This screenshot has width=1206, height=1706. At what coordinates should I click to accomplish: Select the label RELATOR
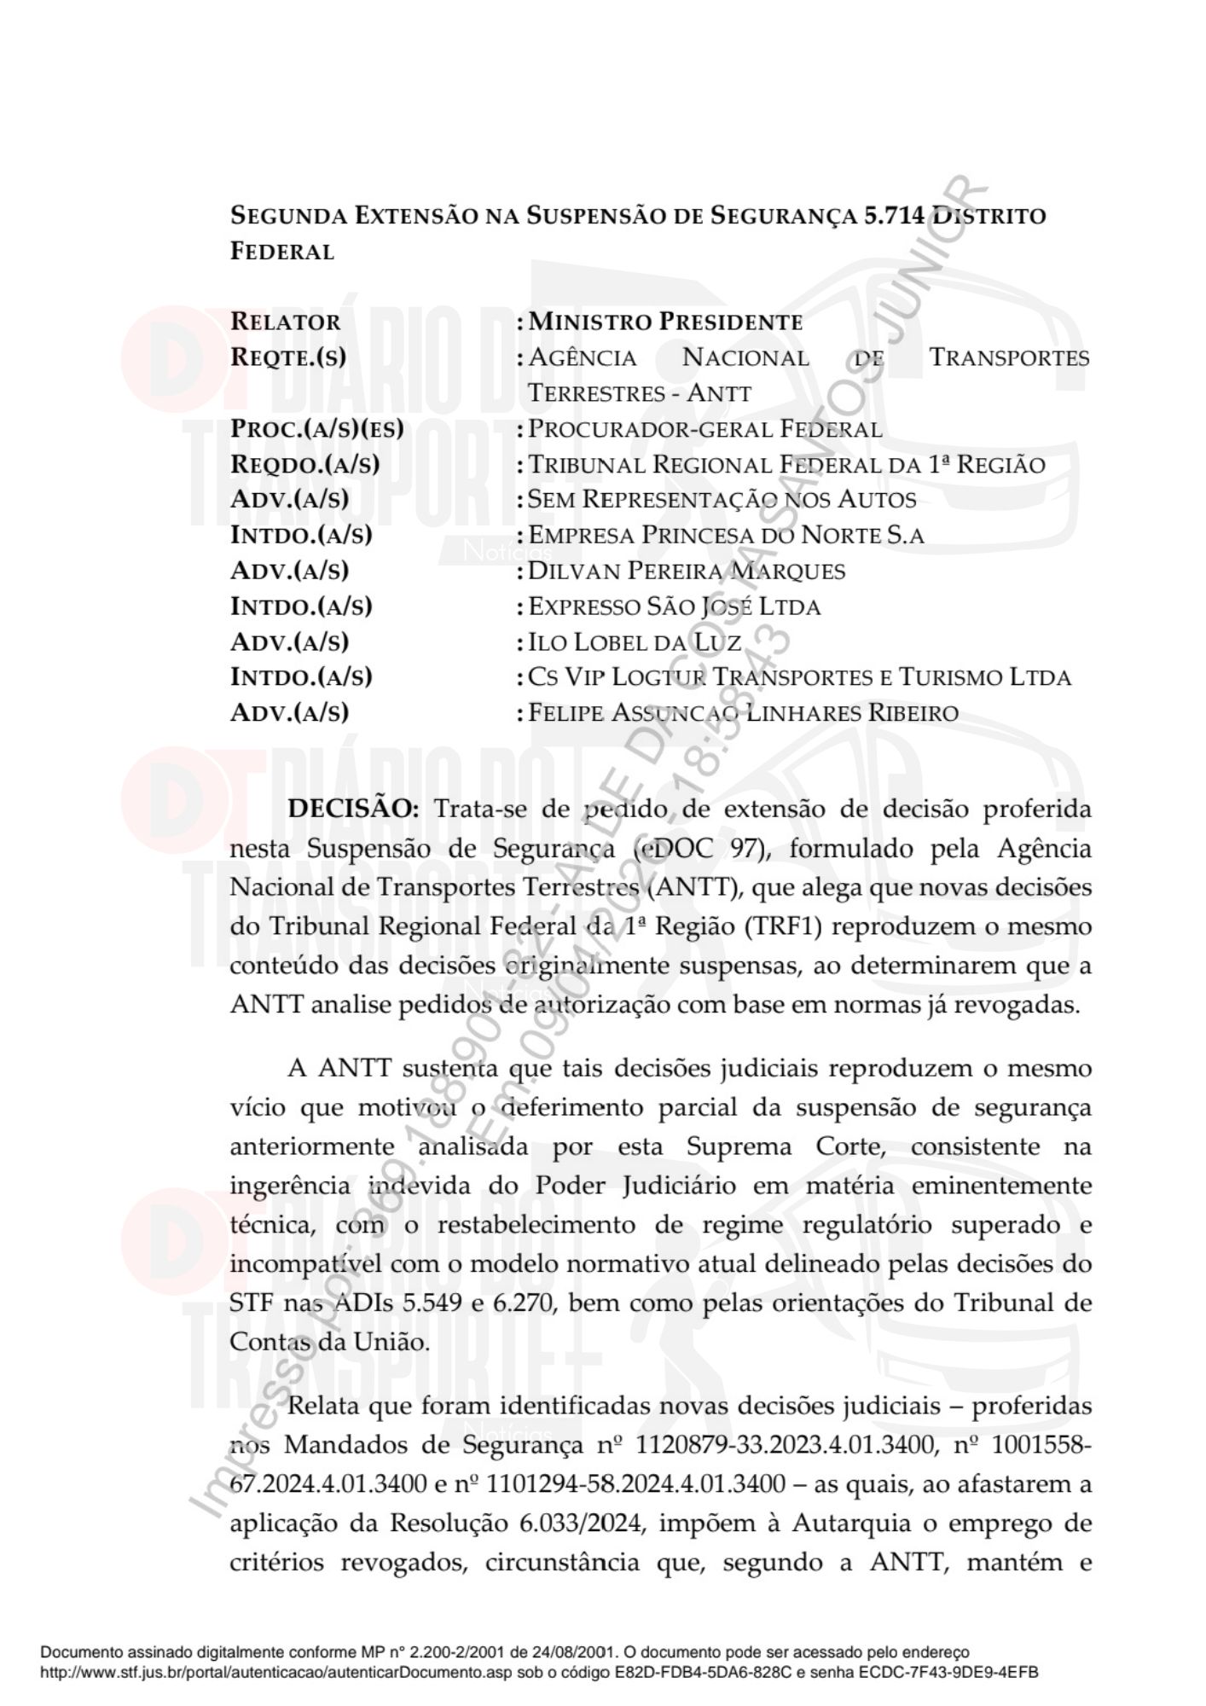click(x=285, y=322)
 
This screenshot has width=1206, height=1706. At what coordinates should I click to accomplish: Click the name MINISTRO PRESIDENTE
click(x=665, y=322)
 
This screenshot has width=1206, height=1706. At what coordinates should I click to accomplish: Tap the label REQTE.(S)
click(x=288, y=357)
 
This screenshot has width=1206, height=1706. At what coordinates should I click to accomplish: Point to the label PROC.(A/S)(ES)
click(x=317, y=429)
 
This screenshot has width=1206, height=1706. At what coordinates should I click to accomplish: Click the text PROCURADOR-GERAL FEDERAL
click(x=704, y=429)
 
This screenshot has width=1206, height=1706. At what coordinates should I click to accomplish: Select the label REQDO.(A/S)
click(x=304, y=465)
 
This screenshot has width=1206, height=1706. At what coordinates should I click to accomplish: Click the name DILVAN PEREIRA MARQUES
click(x=687, y=571)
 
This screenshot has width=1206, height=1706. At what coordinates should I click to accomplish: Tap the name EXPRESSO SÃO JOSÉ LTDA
click(x=674, y=606)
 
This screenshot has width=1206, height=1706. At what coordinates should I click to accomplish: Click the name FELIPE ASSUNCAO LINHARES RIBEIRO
click(x=743, y=712)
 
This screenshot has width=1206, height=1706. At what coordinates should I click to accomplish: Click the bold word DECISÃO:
click(x=353, y=809)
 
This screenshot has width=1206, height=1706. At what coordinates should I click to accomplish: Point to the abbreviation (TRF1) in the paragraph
click(x=782, y=926)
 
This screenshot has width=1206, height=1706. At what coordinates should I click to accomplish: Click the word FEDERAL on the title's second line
click(x=282, y=252)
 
